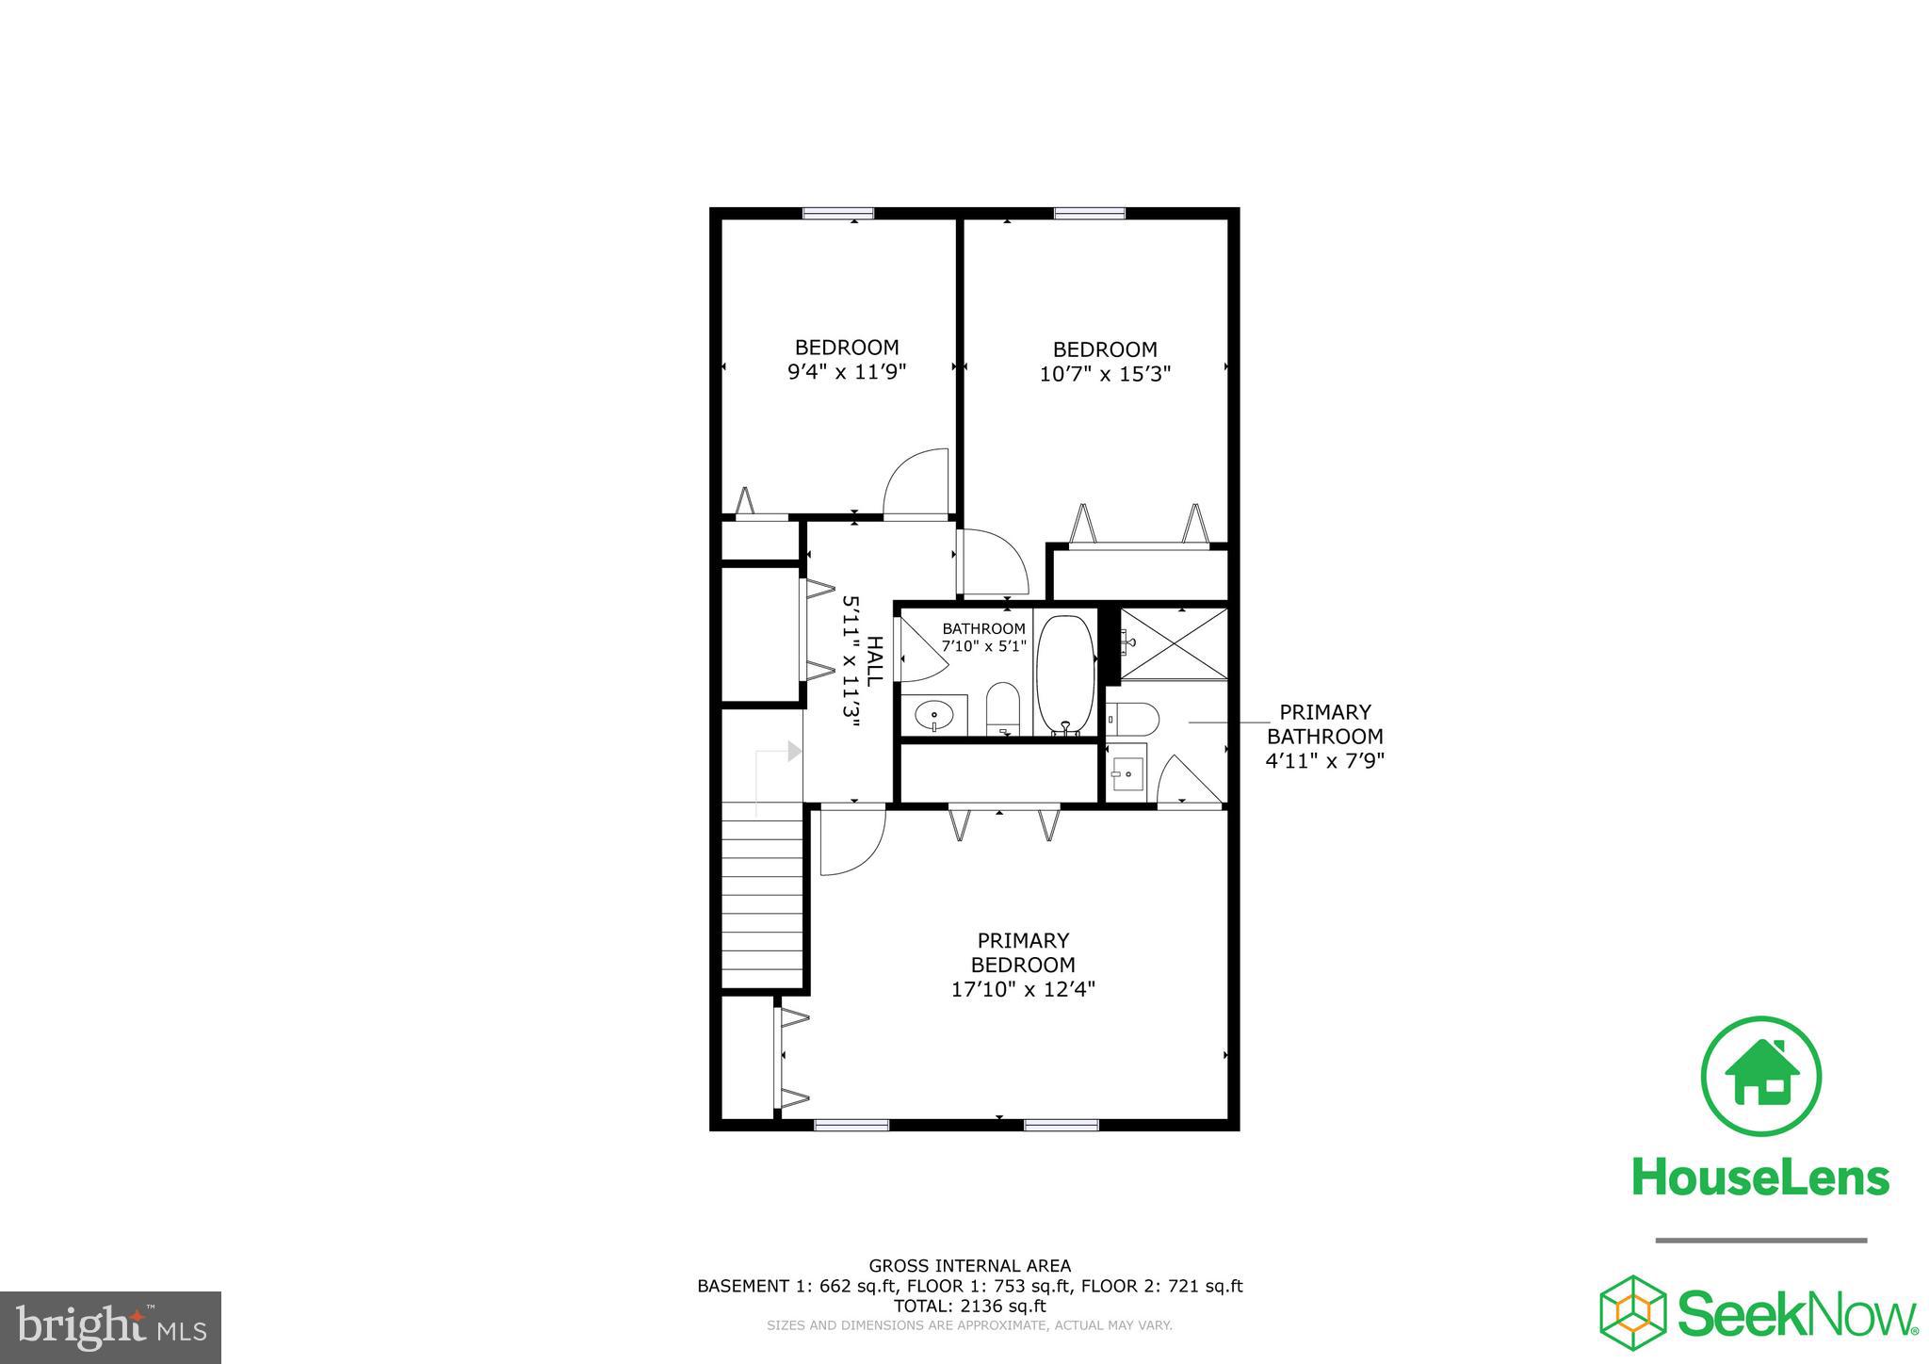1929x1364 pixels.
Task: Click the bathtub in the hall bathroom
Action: tap(1065, 674)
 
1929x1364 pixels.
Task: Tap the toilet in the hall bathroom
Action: tap(1003, 708)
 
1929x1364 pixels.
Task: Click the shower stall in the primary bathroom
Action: tap(1175, 643)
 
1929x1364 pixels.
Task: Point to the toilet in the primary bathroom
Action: tap(1133, 720)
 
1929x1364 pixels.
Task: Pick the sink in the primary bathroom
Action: tap(1127, 774)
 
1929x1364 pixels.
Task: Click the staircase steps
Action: tap(761, 901)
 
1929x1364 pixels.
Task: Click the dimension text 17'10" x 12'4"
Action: tap(1023, 990)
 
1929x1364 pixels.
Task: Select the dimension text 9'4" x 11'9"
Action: tap(847, 371)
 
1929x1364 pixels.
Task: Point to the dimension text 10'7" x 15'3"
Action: tap(1105, 374)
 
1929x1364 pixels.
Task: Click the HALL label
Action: tap(875, 660)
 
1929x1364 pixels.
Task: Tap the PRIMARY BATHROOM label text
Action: tap(1324, 724)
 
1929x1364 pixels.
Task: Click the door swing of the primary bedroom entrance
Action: tap(851, 841)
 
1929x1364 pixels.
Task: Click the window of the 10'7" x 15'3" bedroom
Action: tap(1089, 213)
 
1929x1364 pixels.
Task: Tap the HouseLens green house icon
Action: tap(1760, 1076)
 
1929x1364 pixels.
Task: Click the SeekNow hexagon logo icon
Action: tap(1633, 1313)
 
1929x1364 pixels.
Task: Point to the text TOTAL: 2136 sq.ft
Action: tap(969, 1306)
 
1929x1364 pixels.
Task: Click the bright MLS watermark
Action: tap(111, 1327)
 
